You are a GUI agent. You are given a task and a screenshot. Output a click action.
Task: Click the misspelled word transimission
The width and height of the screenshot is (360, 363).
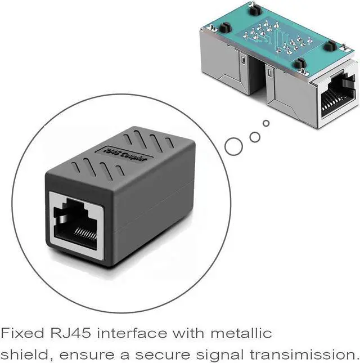[303, 355]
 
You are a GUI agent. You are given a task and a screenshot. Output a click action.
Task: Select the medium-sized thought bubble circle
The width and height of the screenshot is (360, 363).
[255, 136]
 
